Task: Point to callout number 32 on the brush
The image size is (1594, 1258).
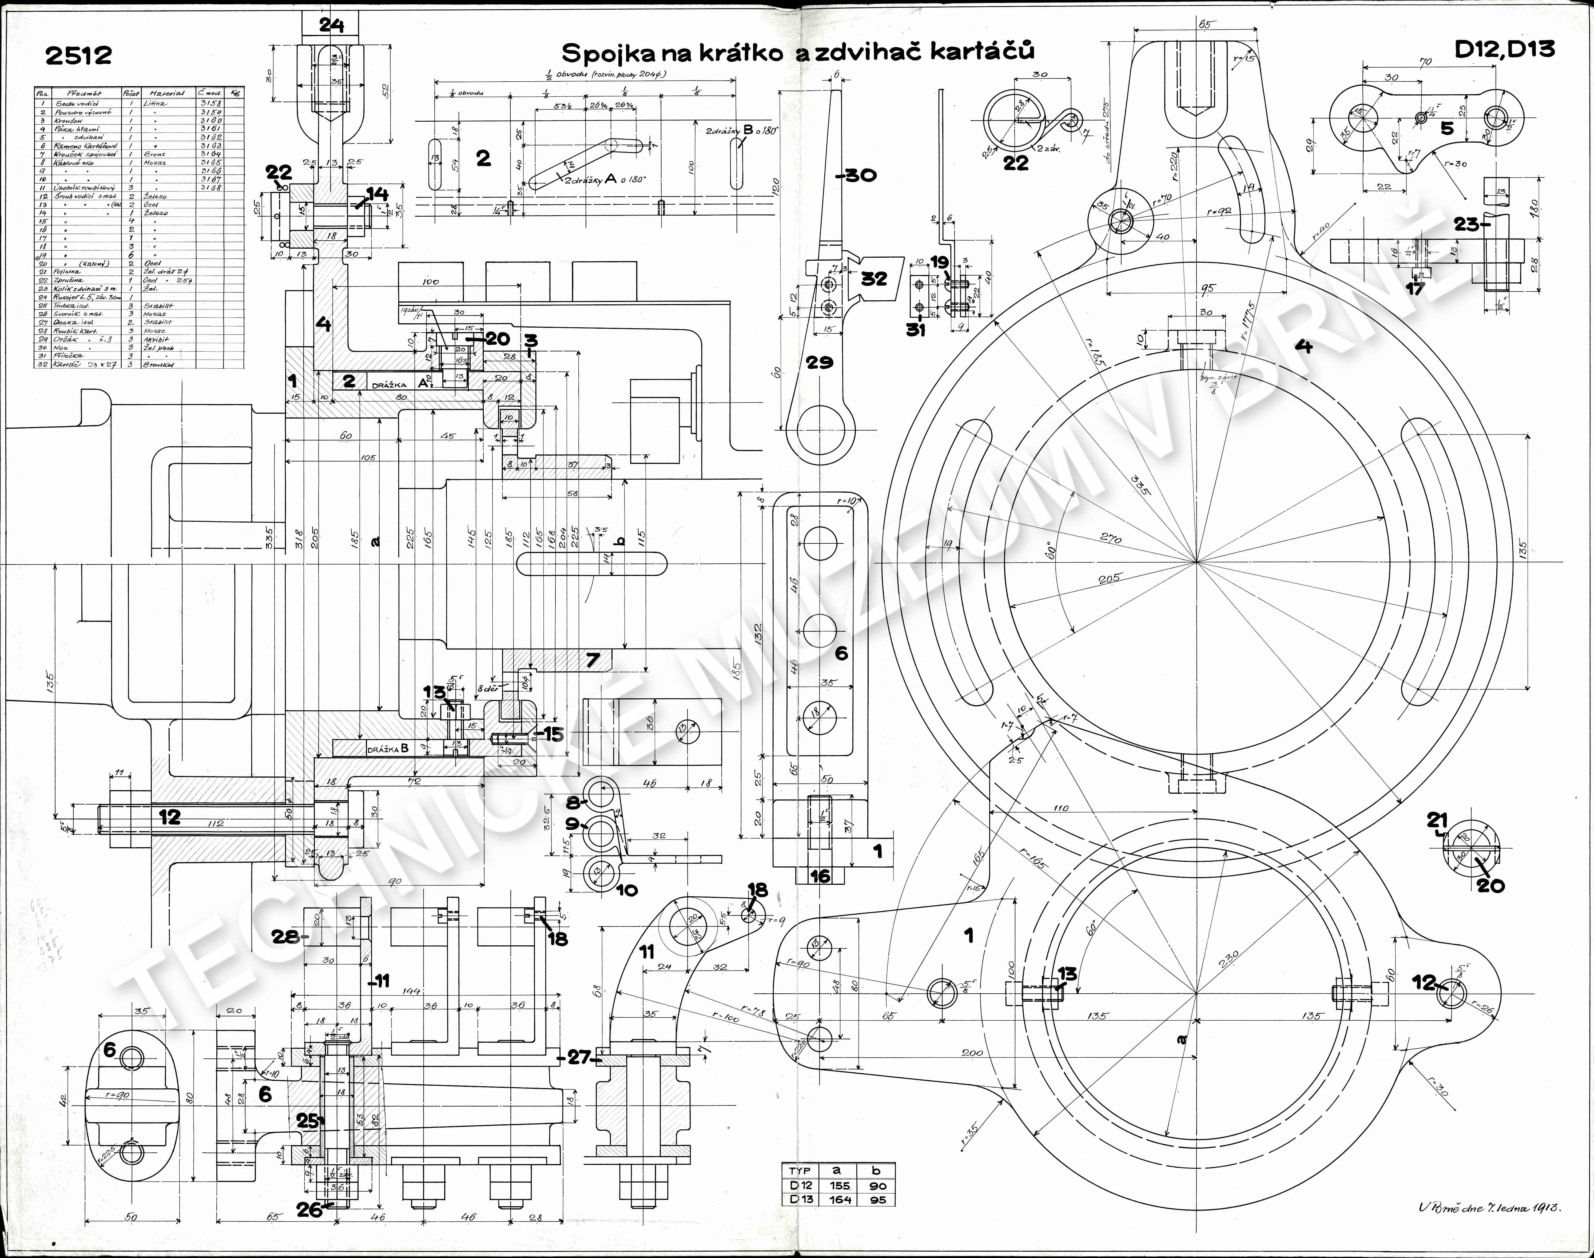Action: click(x=874, y=278)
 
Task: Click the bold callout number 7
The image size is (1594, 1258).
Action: click(x=593, y=659)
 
